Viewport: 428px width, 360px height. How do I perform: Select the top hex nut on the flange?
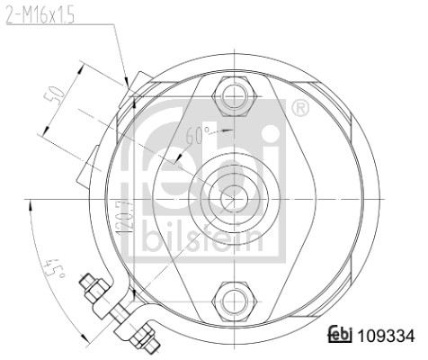232,93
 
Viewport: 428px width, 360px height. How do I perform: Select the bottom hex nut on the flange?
232,299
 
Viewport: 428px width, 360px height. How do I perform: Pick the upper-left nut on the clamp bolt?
94,290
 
